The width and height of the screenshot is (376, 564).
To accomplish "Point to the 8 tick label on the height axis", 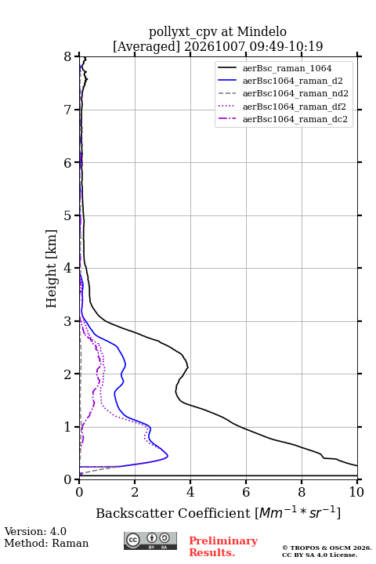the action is (68, 57).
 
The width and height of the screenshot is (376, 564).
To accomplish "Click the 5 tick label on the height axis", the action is (68, 216).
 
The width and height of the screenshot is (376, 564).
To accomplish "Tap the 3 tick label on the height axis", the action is (68, 321).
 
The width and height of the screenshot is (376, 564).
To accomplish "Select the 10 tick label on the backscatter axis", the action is (356, 492).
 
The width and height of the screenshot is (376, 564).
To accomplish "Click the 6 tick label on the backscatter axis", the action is (246, 492).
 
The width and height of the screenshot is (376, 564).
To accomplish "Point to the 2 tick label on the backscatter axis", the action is (135, 492).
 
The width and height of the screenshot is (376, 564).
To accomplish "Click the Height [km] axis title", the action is (52, 269).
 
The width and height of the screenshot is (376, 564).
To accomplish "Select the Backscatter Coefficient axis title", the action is (218, 513).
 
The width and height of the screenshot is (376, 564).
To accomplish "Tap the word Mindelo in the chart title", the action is (262, 31).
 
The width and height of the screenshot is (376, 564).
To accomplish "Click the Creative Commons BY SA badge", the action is (150, 541).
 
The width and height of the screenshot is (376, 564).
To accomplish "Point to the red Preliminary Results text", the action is (223, 547).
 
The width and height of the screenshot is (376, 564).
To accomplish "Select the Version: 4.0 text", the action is (35, 531).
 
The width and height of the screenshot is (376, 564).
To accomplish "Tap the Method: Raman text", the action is (46, 543).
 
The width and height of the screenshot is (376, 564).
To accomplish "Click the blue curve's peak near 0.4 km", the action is (168, 456).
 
